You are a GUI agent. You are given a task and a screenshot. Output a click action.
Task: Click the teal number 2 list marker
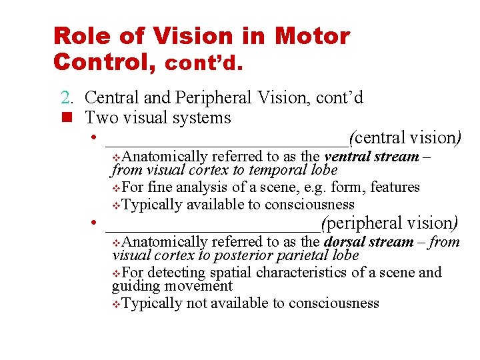click(x=67, y=98)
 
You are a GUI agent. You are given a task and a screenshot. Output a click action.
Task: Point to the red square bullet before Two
click(x=66, y=119)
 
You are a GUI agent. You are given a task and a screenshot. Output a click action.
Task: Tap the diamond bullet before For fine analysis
click(x=117, y=188)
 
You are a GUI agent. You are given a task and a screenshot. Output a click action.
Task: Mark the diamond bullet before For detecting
click(x=117, y=273)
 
